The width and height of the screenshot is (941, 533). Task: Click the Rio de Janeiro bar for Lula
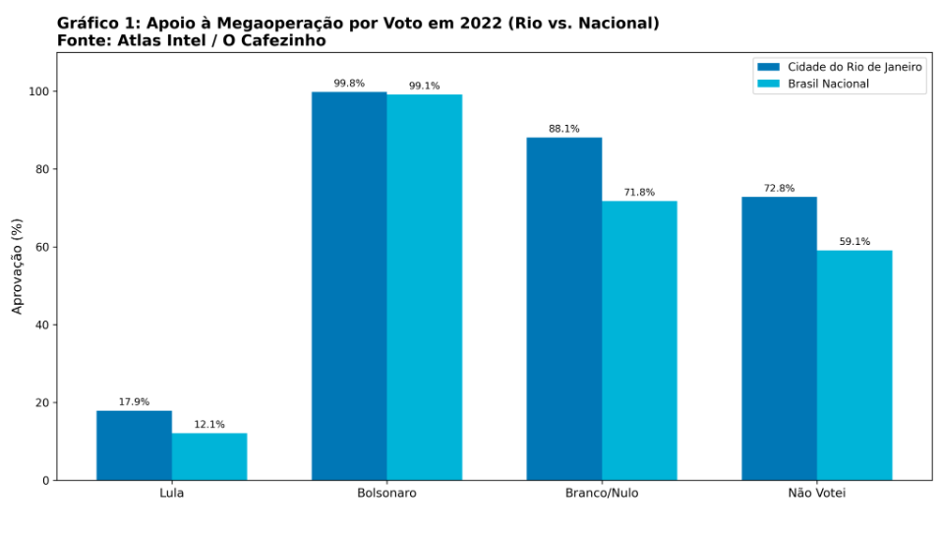point(134,445)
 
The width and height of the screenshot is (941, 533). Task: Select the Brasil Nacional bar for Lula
point(209,456)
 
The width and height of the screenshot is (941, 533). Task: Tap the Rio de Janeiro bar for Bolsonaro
point(349,286)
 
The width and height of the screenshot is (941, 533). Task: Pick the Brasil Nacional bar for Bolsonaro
point(424,287)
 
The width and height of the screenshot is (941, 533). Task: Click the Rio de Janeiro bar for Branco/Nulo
point(564,309)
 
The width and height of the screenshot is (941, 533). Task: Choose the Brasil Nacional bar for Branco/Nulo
point(639,340)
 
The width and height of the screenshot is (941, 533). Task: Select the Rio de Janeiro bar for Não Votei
point(779,338)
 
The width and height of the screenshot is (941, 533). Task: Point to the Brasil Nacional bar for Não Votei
point(854,365)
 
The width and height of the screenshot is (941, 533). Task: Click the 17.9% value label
point(134,401)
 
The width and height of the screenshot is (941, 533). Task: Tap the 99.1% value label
point(424,86)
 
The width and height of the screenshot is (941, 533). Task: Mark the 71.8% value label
point(639,192)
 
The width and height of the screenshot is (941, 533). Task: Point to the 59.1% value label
point(854,241)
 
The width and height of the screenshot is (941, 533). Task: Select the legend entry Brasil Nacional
point(828,84)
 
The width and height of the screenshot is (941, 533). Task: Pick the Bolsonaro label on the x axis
point(386,493)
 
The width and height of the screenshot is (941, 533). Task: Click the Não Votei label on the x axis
point(817,493)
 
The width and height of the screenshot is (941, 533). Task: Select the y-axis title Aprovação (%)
point(17,266)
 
